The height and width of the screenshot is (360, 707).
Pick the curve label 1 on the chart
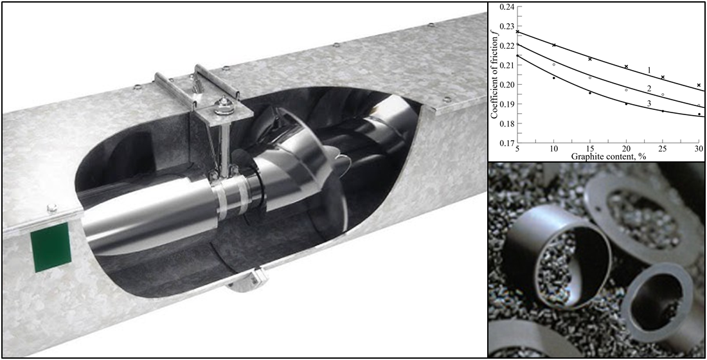coord(650,69)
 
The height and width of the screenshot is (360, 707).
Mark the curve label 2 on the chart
coord(650,88)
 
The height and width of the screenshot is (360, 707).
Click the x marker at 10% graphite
coord(554,45)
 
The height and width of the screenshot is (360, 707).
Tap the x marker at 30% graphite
coord(699,85)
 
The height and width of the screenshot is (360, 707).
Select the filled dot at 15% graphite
coord(590,93)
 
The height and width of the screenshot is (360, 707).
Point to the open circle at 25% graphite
coord(663,95)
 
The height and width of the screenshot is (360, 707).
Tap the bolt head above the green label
coord(52,206)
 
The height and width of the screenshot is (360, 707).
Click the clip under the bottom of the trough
coord(244,282)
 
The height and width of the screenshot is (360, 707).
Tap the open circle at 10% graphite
coord(554,64)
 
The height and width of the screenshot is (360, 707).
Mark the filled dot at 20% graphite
coord(627,104)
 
